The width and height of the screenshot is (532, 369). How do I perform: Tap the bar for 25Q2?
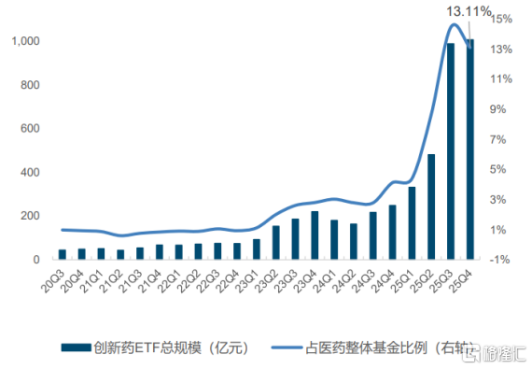tap(431, 206)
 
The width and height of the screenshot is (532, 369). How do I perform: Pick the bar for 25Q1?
tap(412, 223)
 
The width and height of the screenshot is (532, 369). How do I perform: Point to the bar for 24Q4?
tap(392, 232)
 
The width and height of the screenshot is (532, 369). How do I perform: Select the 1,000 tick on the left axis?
tap(23, 42)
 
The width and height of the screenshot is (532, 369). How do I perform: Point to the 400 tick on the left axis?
tap(28, 173)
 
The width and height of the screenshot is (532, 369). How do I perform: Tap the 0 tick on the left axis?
tap(35, 260)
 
